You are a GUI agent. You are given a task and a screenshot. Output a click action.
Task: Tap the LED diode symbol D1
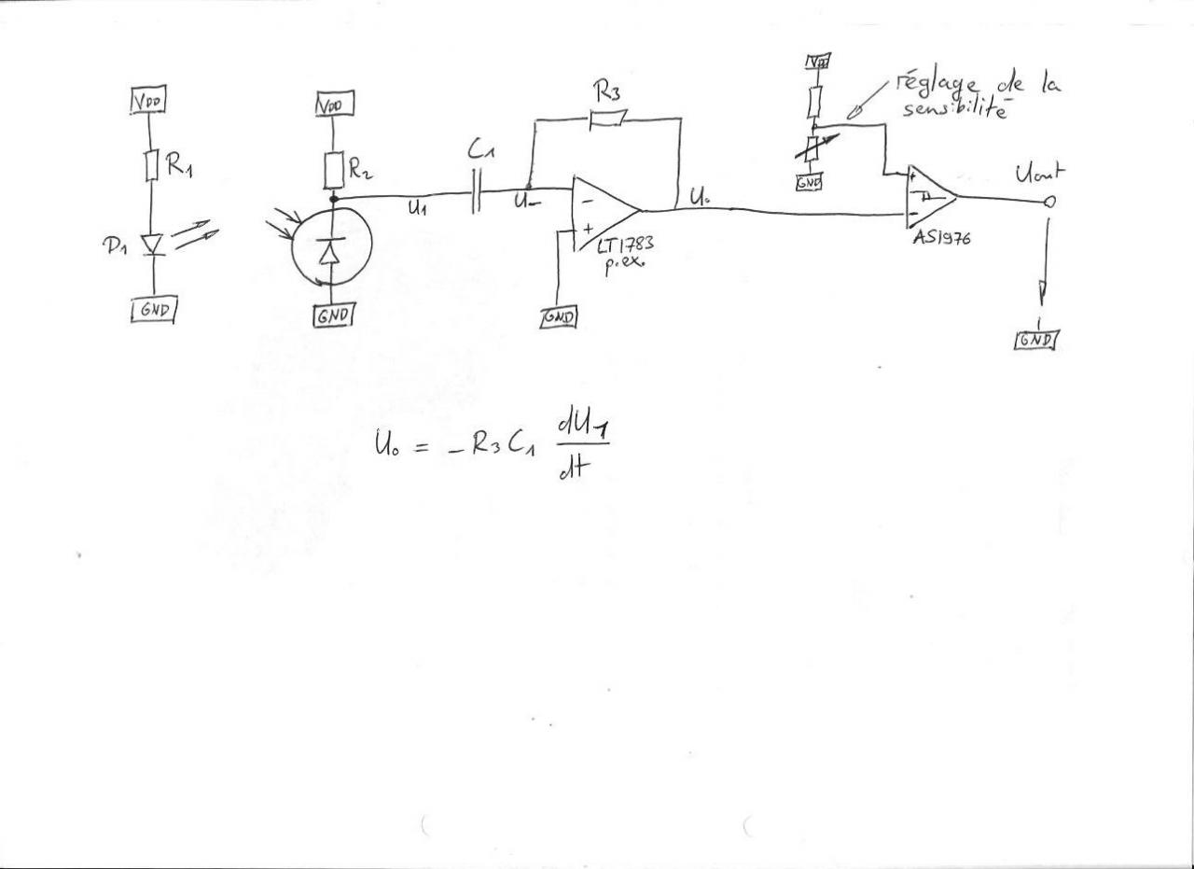pyautogui.click(x=150, y=245)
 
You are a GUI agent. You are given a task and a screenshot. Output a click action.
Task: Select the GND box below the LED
pyautogui.click(x=153, y=310)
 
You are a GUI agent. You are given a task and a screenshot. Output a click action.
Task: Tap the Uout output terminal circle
pyautogui.click(x=1050, y=202)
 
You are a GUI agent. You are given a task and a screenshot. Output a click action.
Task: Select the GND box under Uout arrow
pyautogui.click(x=1035, y=339)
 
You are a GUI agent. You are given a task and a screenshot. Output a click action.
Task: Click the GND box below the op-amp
pyautogui.click(x=559, y=317)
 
